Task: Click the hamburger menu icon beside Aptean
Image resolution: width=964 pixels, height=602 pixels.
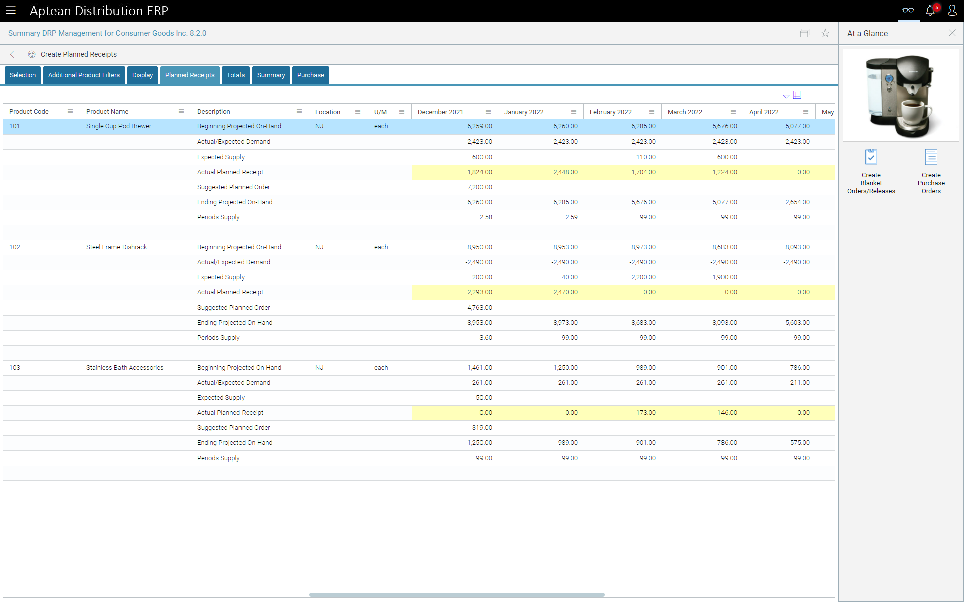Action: [11, 11]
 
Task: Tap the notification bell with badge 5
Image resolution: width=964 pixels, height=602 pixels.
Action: [930, 11]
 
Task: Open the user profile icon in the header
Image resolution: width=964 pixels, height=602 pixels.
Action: [952, 11]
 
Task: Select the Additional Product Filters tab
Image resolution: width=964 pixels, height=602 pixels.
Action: [84, 75]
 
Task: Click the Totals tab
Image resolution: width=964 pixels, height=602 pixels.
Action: [235, 75]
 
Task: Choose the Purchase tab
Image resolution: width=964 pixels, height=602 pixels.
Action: [310, 75]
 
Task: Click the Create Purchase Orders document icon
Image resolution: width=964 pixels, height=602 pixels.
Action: [931, 158]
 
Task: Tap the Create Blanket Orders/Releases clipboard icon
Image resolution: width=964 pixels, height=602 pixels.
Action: [871, 158]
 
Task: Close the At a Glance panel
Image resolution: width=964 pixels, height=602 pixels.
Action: [952, 33]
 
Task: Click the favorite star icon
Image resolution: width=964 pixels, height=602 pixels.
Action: [825, 33]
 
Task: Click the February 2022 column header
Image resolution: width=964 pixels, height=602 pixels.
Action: [611, 112]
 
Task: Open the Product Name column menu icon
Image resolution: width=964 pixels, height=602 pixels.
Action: [181, 112]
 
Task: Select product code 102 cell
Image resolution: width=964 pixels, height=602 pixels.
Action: [15, 247]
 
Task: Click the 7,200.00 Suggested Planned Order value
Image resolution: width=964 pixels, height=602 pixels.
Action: [479, 187]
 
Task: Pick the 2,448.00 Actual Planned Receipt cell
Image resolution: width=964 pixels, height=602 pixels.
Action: [565, 172]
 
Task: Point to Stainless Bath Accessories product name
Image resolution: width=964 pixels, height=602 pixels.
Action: [125, 368]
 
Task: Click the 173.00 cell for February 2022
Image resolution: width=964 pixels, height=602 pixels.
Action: [646, 413]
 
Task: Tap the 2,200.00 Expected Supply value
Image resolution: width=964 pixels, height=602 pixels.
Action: [643, 277]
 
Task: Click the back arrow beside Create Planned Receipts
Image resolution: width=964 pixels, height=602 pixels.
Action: [12, 54]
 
